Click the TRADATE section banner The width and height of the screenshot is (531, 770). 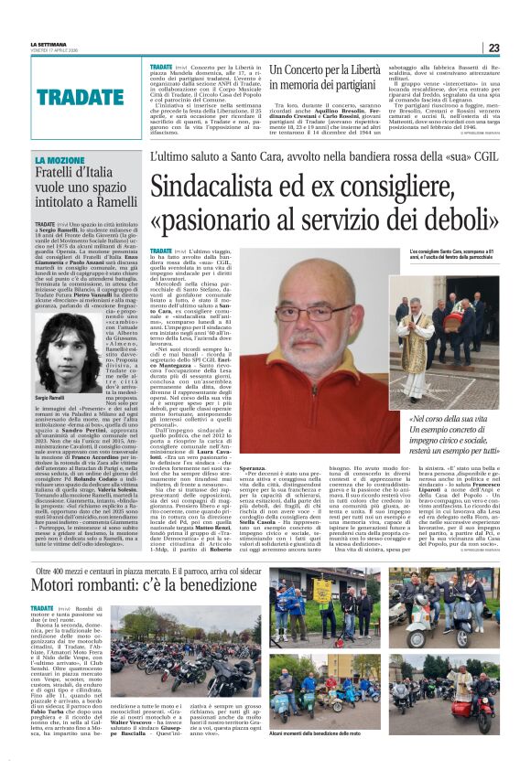point(80,94)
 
